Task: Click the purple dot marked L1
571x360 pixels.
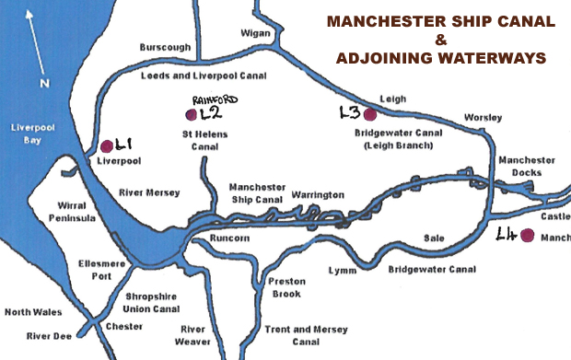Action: pyautogui.click(x=107, y=145)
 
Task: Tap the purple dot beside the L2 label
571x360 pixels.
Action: pyautogui.click(x=191, y=114)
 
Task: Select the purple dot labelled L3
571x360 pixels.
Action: pyautogui.click(x=369, y=114)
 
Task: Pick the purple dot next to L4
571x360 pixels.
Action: pyautogui.click(x=527, y=236)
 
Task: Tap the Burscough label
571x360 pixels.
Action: pyautogui.click(x=165, y=47)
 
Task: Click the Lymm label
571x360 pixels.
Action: pyautogui.click(x=342, y=270)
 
